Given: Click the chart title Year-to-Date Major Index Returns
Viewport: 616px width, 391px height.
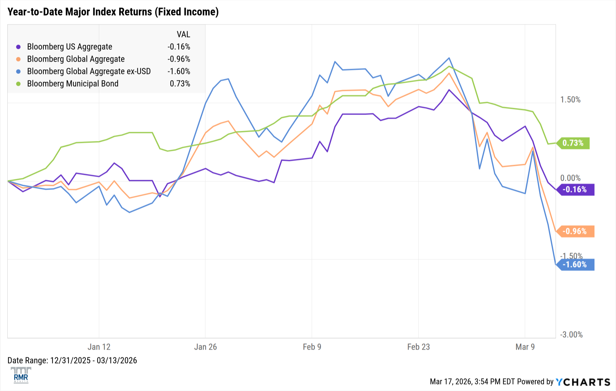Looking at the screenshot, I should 113,12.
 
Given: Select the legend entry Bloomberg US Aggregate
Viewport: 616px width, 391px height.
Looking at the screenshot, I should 70,47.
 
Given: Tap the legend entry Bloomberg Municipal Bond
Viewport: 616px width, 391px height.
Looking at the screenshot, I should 73,84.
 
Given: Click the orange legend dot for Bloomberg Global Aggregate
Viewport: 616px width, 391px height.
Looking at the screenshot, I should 18,59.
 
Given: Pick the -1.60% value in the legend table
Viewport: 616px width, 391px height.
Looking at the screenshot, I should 179,71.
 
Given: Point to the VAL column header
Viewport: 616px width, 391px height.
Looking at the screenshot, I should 183,34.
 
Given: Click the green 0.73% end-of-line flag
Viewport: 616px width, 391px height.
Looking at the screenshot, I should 573,143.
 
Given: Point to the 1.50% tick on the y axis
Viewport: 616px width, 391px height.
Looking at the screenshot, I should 570,100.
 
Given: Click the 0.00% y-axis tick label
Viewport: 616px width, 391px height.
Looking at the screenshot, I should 570,178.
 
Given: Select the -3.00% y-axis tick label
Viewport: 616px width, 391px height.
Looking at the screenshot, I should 571,335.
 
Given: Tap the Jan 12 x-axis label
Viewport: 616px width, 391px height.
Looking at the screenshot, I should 99,347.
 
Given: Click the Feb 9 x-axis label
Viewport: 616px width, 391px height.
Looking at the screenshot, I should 312,347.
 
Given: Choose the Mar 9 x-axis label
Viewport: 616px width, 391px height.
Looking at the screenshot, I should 525,347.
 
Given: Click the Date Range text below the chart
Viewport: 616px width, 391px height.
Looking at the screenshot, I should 72,361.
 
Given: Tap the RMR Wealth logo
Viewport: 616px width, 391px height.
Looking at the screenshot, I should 21,375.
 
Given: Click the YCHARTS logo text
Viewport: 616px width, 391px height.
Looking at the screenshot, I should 583,382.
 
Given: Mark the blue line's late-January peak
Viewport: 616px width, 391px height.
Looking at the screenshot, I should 228,79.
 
